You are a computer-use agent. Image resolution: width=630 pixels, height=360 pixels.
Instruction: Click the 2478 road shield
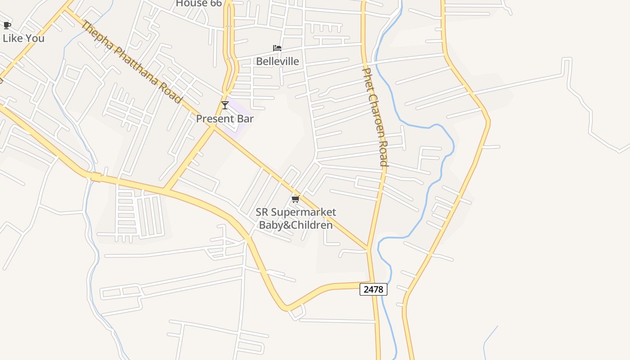(x=373, y=289)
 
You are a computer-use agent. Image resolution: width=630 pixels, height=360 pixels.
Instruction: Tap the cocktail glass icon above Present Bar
(x=225, y=105)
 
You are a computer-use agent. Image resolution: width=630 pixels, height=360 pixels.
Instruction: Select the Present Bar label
(x=225, y=119)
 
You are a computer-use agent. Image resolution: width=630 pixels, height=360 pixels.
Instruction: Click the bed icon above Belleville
(x=277, y=48)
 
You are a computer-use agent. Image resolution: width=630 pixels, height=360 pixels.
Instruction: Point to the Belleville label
(x=277, y=61)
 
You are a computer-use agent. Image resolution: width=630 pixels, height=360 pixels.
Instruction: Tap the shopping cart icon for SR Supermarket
(x=295, y=199)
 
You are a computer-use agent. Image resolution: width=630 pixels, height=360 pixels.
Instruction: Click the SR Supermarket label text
(x=296, y=212)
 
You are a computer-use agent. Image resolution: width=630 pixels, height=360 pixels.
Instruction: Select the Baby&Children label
(x=296, y=225)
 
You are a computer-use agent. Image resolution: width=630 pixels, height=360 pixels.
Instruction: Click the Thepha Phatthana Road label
(x=131, y=62)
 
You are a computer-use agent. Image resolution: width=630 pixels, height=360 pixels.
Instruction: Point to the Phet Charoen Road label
(x=375, y=117)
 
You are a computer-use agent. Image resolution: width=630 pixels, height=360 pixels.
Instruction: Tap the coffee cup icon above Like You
(x=7, y=25)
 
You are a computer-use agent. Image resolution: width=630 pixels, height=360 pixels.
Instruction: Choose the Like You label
(x=23, y=38)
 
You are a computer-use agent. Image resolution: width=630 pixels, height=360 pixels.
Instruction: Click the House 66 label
(x=198, y=4)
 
